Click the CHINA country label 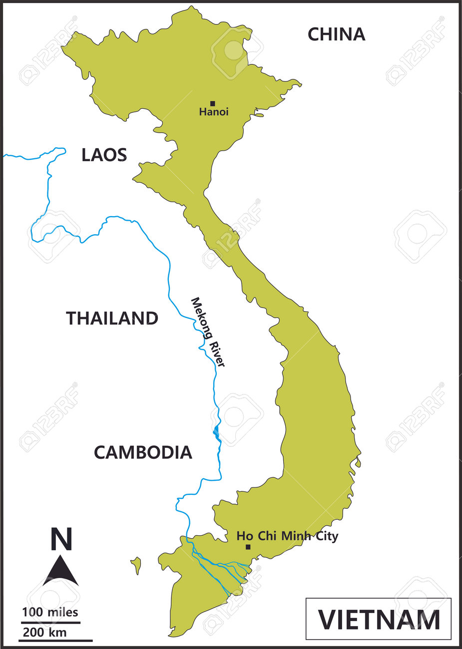pyautogui.click(x=336, y=34)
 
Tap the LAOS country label pyautogui.click(x=104, y=155)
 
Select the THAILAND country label pyautogui.click(x=112, y=319)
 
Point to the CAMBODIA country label pyautogui.click(x=143, y=452)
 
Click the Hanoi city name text pyautogui.click(x=214, y=112)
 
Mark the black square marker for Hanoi pyautogui.click(x=212, y=104)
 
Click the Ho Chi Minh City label pyautogui.click(x=287, y=537)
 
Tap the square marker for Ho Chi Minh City pyautogui.click(x=248, y=547)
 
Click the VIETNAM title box pyautogui.click(x=379, y=619)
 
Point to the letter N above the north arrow pyautogui.click(x=61, y=539)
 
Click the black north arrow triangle pyautogui.click(x=60, y=572)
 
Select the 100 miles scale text pyautogui.click(x=50, y=612)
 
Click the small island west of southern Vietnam pyautogui.click(x=136, y=566)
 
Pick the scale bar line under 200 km pyautogui.click(x=56, y=640)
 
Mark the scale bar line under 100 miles pyautogui.click(x=50, y=622)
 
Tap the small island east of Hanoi pyautogui.click(x=258, y=115)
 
